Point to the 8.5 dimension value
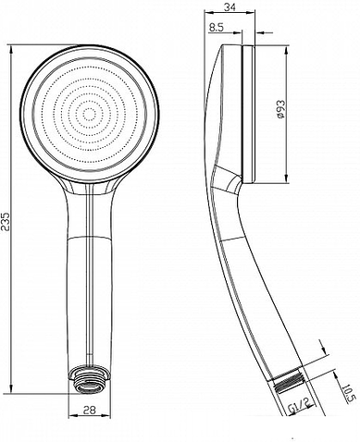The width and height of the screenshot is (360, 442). (x=215, y=28)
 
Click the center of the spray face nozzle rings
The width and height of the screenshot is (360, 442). (x=89, y=114)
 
